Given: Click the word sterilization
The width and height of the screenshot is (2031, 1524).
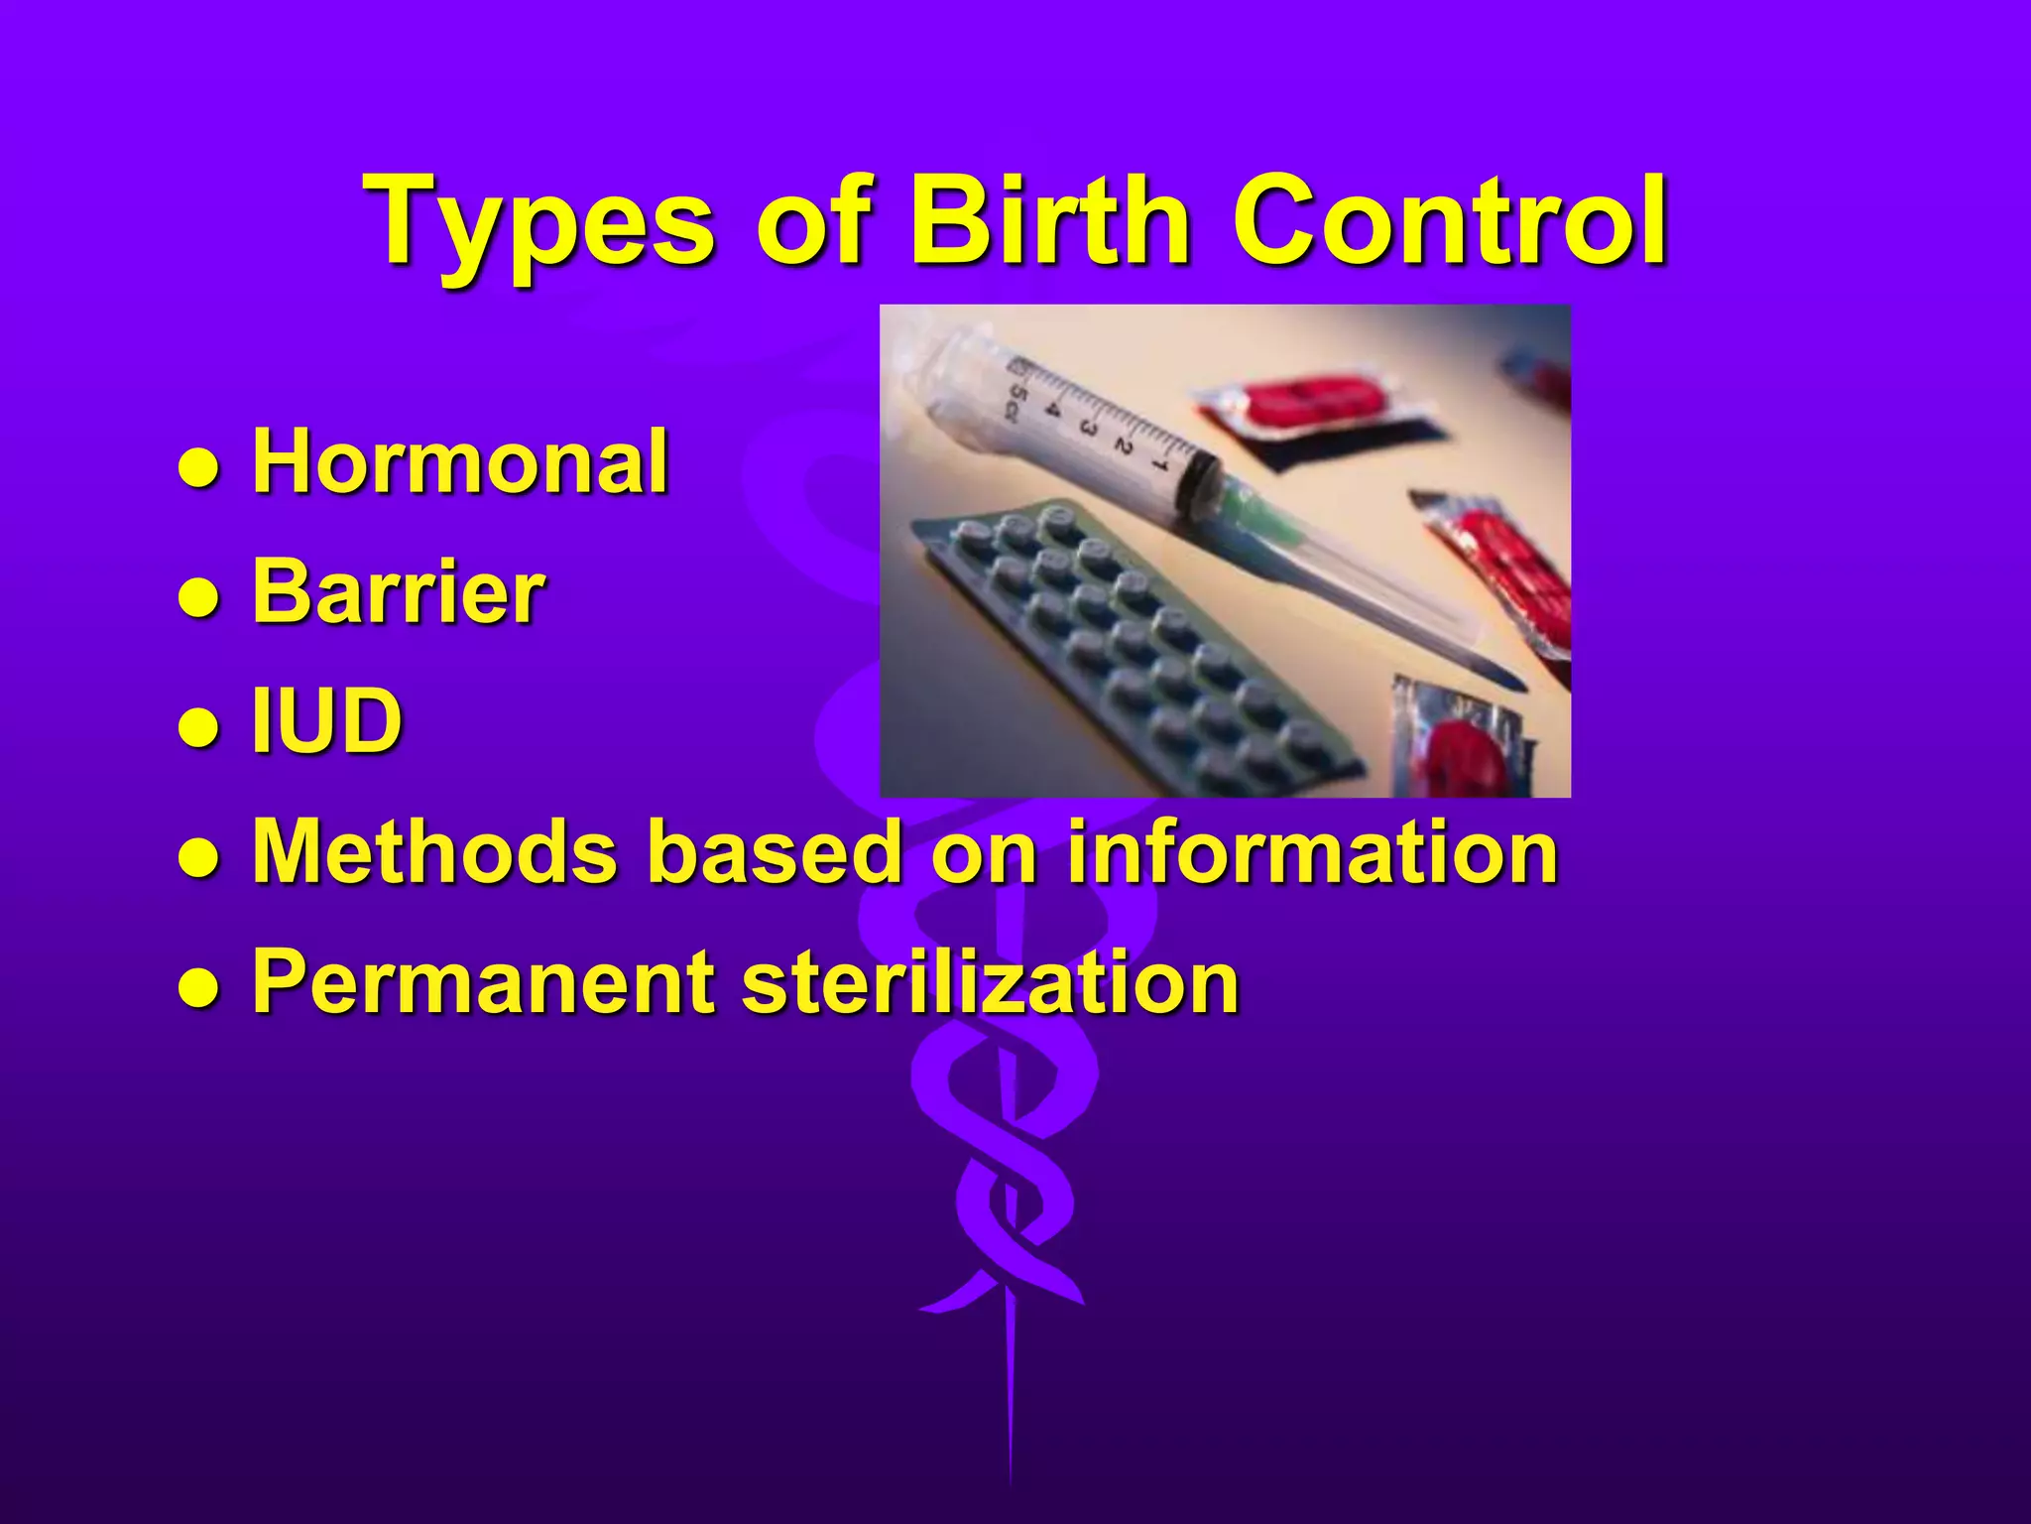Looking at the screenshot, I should tap(991, 981).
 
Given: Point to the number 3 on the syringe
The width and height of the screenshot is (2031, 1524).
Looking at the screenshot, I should tap(1088, 430).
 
